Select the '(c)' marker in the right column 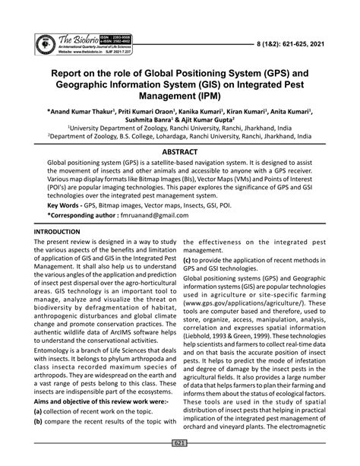tap(187, 259)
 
